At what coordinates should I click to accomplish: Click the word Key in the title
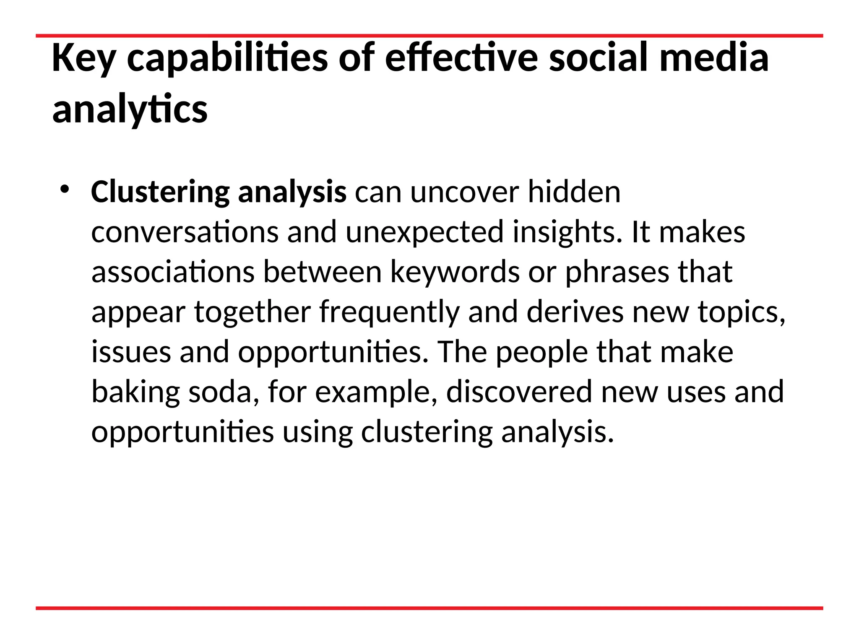point(83,59)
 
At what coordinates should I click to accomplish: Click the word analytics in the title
point(130,110)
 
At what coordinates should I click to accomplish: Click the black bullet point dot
point(64,190)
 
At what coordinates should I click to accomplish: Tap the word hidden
point(574,192)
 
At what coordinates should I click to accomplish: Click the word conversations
point(185,232)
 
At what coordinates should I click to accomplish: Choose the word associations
point(173,272)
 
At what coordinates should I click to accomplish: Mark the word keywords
point(455,272)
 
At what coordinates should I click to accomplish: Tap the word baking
point(135,392)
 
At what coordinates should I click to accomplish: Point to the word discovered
point(519,392)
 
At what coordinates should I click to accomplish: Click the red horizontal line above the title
point(429,36)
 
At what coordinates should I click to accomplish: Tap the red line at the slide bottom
point(429,608)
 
